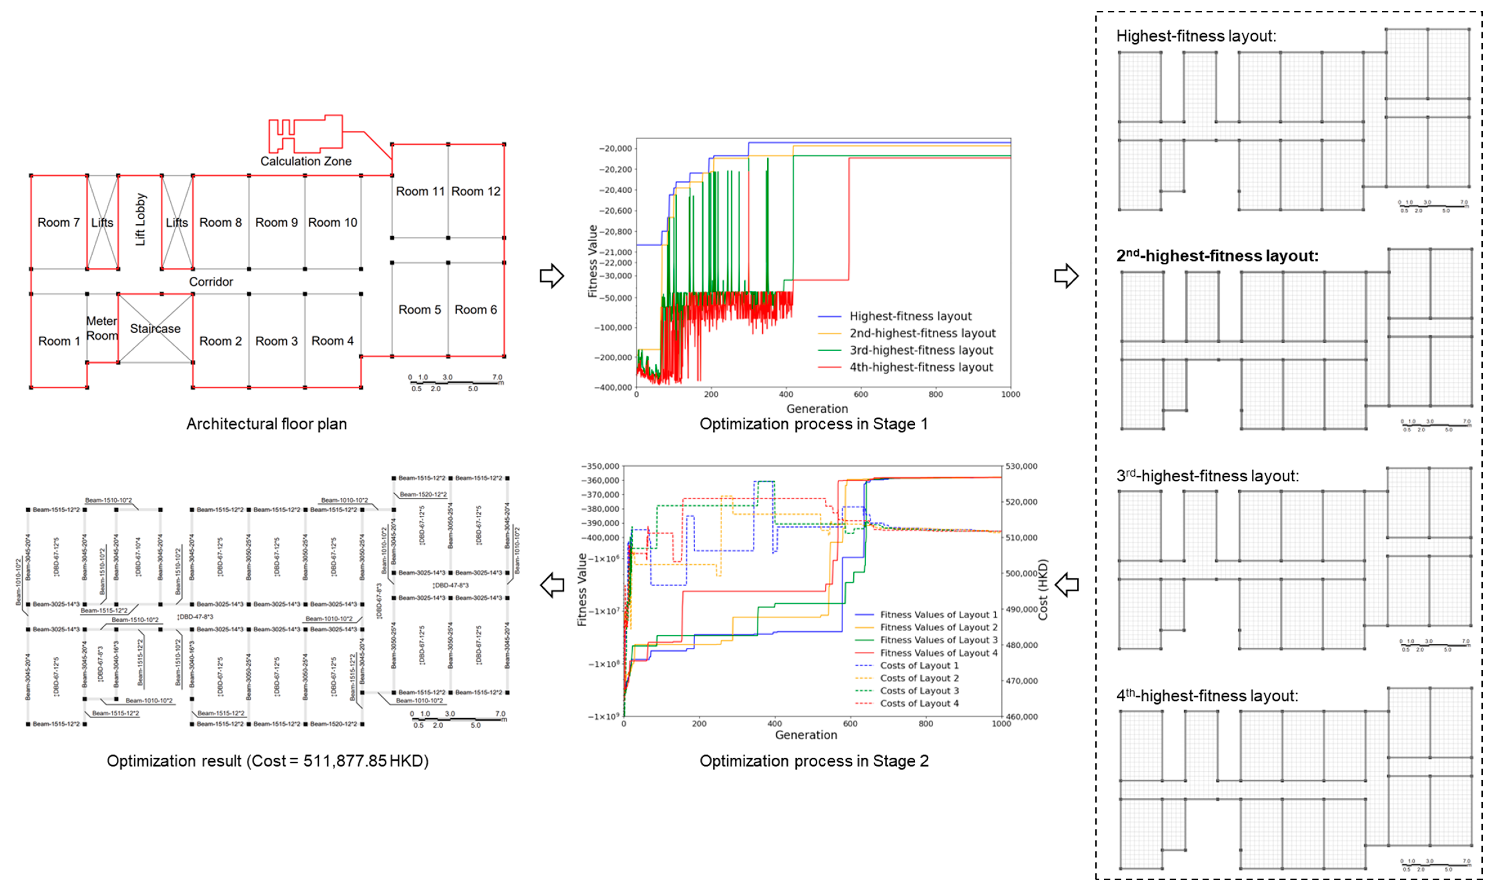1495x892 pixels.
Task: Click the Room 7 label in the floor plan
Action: pos(58,222)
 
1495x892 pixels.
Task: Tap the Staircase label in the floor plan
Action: pos(155,328)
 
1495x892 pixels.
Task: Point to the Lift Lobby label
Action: pos(140,219)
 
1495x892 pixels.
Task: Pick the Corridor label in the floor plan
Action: pos(211,281)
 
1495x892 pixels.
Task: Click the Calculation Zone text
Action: pos(306,161)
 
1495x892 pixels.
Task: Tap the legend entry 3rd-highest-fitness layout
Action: pos(921,350)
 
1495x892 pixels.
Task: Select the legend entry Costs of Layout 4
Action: pos(919,703)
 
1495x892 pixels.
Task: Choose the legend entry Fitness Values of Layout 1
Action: pos(938,614)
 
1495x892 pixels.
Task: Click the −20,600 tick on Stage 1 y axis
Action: pos(615,211)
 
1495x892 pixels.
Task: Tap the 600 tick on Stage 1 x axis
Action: pos(861,394)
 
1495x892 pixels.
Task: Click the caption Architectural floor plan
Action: pos(266,424)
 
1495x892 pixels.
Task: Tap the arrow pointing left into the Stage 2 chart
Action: pos(1067,584)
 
